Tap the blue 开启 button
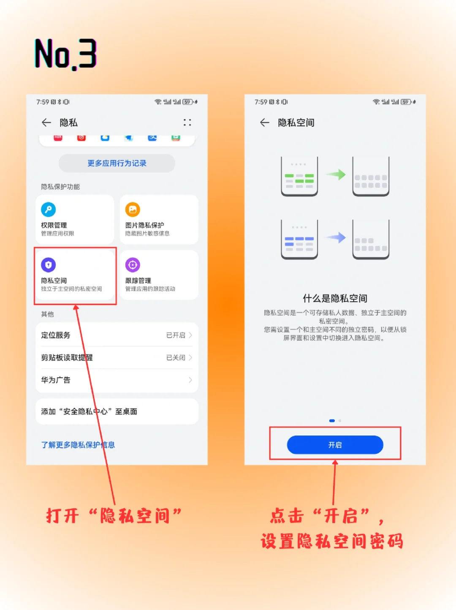335,445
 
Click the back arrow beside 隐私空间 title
265,123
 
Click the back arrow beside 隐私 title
46,123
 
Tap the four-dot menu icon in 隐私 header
187,123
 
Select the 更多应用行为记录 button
117,163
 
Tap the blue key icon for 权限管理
48,210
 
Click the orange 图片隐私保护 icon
133,210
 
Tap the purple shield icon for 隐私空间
48,265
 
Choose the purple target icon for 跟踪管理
133,265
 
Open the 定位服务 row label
56,335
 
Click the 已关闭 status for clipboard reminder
176,357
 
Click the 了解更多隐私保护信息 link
78,445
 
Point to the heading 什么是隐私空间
335,298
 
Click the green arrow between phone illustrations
336,174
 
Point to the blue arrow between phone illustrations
336,237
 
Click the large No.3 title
65,54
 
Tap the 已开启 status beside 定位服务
176,335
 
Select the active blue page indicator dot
332,421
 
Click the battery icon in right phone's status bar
406,102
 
